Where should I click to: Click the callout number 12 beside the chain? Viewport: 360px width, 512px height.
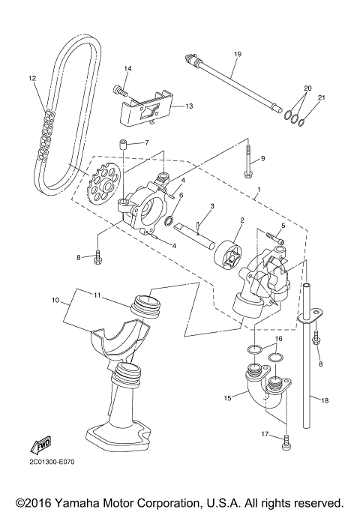(x=32, y=77)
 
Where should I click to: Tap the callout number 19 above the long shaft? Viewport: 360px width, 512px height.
(x=237, y=54)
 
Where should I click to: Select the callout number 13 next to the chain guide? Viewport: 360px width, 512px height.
(x=189, y=106)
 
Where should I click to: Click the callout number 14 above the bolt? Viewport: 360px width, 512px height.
(x=127, y=69)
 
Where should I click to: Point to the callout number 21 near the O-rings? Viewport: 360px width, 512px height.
(x=322, y=98)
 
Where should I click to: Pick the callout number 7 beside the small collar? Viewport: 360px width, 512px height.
(x=146, y=142)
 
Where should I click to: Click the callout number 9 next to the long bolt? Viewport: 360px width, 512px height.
(x=263, y=158)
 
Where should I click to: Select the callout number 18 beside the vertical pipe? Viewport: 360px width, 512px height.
(x=325, y=401)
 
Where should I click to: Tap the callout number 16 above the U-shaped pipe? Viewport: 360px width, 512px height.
(x=277, y=338)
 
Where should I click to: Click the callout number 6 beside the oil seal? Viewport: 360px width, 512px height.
(x=181, y=195)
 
